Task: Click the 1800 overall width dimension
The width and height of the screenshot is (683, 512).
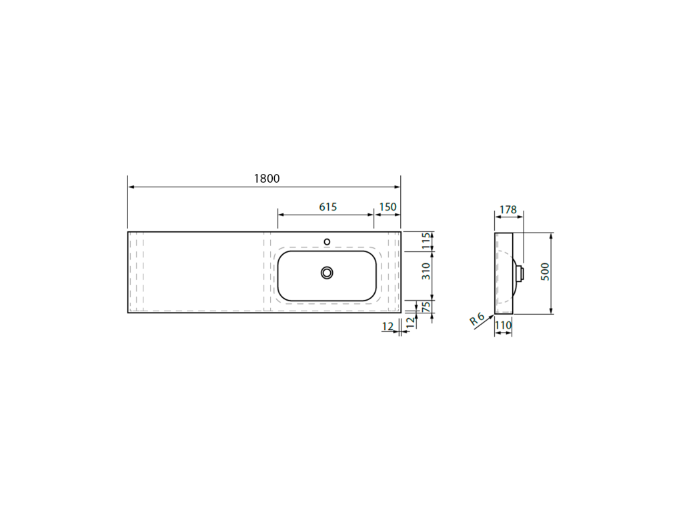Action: (x=267, y=179)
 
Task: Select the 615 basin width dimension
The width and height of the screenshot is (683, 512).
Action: (x=328, y=207)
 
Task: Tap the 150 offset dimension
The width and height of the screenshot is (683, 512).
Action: (x=388, y=207)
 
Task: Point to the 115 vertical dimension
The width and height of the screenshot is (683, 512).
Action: (x=426, y=241)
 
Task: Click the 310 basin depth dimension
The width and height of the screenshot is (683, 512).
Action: (x=426, y=271)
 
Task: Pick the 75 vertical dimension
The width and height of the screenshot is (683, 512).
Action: (x=427, y=305)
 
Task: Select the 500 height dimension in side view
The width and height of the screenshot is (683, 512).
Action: (x=545, y=272)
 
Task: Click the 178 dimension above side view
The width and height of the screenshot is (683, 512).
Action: (x=508, y=210)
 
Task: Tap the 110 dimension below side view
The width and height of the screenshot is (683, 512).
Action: (x=503, y=325)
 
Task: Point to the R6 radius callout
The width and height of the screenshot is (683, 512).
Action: (x=478, y=319)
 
